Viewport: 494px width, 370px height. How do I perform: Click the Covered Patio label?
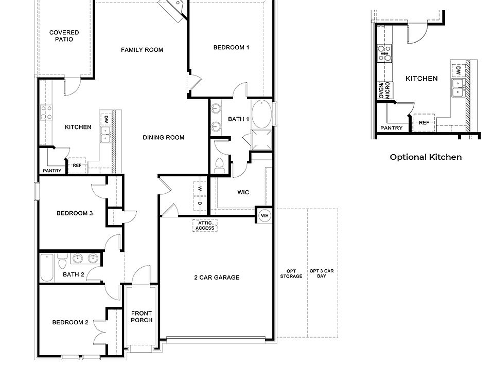64,35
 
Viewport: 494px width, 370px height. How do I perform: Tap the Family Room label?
142,50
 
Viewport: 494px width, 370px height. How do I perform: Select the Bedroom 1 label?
231,47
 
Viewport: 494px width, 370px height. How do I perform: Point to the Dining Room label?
163,137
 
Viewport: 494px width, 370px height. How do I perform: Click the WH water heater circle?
264,215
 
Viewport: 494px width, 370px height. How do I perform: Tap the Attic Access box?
205,225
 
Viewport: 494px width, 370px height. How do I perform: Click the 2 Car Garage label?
217,277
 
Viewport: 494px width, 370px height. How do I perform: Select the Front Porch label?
142,317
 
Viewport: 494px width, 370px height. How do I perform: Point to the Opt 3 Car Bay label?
322,273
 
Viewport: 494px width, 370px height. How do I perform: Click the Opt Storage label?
292,273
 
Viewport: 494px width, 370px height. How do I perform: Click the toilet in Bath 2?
61,264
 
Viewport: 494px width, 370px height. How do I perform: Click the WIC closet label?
243,192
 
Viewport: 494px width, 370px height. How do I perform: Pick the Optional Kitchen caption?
426,157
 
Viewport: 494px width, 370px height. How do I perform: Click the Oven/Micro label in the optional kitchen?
384,90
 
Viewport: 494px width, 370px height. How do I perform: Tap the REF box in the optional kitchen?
424,123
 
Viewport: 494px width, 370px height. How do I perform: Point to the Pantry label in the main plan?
52,171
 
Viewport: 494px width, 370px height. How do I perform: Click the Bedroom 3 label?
75,213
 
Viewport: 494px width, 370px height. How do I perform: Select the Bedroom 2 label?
70,322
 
